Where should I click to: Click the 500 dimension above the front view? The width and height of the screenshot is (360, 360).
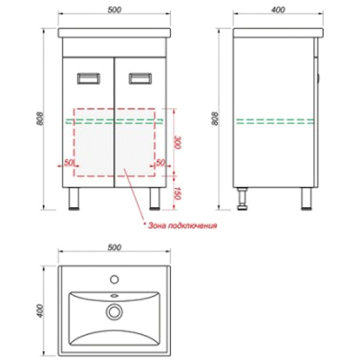point(114,9)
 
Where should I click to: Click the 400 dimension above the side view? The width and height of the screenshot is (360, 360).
point(278,9)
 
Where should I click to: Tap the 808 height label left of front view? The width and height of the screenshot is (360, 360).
point(41,119)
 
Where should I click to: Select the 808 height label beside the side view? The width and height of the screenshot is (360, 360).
point(214,119)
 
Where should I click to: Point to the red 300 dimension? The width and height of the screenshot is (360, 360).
point(176,142)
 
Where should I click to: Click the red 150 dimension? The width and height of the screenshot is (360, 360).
point(176,193)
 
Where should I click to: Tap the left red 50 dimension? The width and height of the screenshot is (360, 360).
point(69,162)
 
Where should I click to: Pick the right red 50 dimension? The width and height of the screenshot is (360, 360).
point(161,162)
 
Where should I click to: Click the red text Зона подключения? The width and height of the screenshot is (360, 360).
point(180,226)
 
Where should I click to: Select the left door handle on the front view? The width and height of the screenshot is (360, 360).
point(88,78)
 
